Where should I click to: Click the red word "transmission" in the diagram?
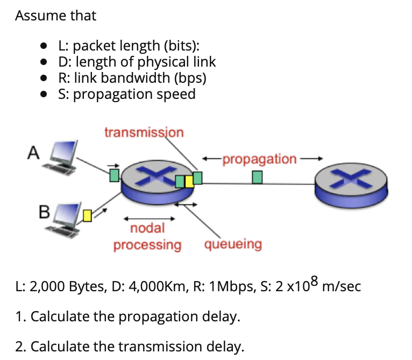pyautogui.click(x=144, y=132)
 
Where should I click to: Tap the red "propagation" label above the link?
pyautogui.click(x=259, y=159)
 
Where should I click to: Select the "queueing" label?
pyautogui.click(x=233, y=244)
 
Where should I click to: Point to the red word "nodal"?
pyautogui.click(x=147, y=228)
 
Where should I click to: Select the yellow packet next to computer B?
pyautogui.click(x=88, y=216)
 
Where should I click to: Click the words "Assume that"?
pyautogui.click(x=55, y=16)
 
